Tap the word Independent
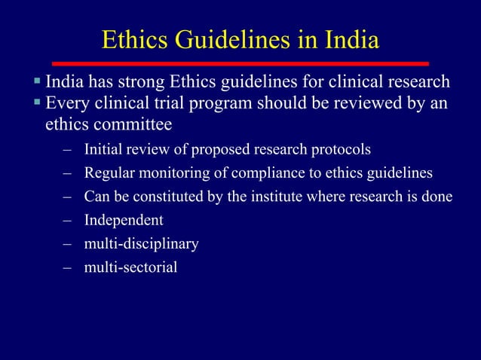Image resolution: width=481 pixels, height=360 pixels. click(x=124, y=221)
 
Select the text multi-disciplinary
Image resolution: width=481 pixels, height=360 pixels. click(x=142, y=244)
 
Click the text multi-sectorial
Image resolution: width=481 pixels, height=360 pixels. click(x=131, y=267)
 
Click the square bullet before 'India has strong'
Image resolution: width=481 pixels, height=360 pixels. click(x=36, y=81)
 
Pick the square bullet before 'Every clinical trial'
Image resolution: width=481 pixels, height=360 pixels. click(x=36, y=102)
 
